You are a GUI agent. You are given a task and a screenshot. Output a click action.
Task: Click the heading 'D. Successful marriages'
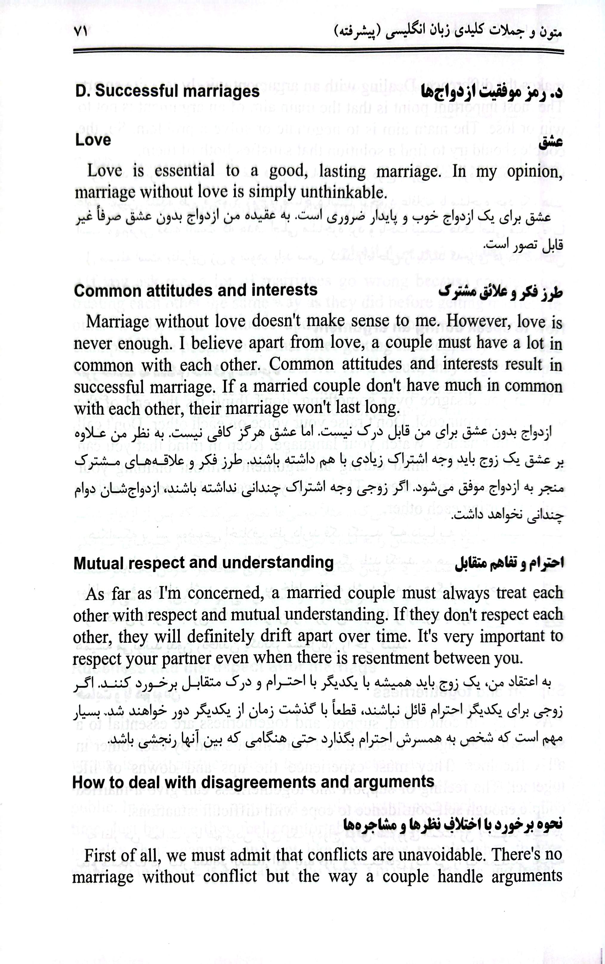click(167, 91)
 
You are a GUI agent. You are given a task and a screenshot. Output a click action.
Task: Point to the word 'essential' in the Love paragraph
click(184, 171)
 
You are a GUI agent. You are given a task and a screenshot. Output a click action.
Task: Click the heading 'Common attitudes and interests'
click(195, 290)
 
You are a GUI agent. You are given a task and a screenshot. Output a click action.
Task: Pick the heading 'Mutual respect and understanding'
click(203, 563)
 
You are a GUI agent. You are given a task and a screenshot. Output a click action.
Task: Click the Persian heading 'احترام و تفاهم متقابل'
click(509, 564)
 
